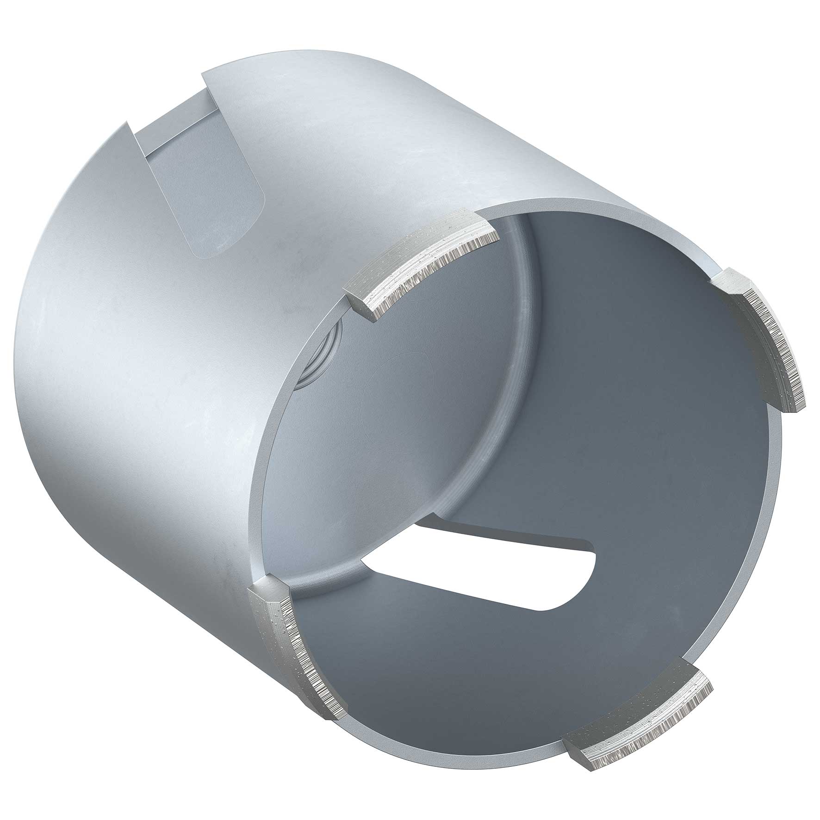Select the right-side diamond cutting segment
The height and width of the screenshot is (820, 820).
click(764, 342)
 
